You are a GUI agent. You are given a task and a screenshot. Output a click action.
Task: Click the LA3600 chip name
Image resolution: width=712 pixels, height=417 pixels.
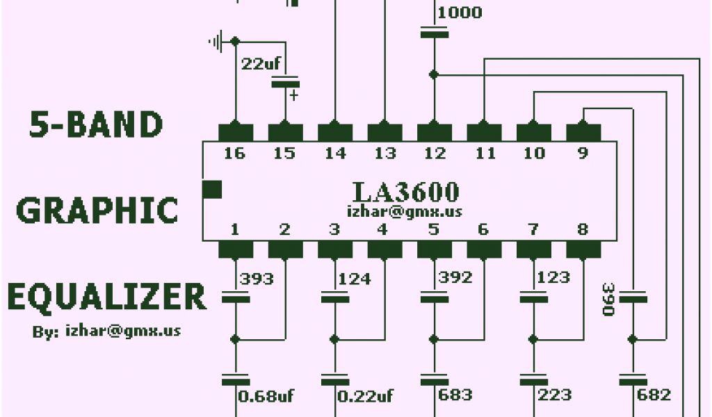click(405, 192)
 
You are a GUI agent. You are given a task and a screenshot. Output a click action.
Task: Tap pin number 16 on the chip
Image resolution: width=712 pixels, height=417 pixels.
click(235, 153)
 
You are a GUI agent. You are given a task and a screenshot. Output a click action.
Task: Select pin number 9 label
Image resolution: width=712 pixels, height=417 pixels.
click(583, 153)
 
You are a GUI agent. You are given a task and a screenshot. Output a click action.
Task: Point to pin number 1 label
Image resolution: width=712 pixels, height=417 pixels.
click(235, 229)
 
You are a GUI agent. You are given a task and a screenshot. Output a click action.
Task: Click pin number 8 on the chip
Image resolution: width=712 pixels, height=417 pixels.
click(583, 229)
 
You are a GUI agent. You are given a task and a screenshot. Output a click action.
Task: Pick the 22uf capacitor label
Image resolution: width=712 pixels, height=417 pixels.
click(261, 64)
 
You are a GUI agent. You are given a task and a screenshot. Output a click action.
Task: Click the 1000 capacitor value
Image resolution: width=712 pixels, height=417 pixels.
click(460, 13)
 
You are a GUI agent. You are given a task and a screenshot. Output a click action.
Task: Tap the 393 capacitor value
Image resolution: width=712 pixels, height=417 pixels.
click(257, 279)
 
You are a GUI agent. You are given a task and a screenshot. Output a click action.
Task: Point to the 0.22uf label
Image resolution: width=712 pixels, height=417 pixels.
click(366, 396)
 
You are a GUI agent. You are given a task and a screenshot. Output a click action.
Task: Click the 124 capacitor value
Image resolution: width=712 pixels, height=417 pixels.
click(355, 279)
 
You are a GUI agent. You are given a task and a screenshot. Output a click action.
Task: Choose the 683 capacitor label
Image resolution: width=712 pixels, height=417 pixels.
click(455, 395)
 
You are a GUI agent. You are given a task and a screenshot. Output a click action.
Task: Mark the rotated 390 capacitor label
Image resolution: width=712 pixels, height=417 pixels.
click(608, 299)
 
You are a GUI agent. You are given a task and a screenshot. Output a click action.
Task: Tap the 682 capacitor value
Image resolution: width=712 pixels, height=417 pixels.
click(654, 395)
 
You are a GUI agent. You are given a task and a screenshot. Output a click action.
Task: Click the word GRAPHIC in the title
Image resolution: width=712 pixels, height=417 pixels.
click(97, 210)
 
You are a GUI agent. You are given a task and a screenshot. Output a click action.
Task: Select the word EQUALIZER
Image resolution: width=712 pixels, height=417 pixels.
click(107, 297)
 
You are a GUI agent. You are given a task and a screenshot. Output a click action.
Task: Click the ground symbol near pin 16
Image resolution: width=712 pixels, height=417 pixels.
click(216, 42)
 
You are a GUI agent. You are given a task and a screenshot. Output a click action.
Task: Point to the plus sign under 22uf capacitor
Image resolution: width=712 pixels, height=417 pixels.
click(293, 95)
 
